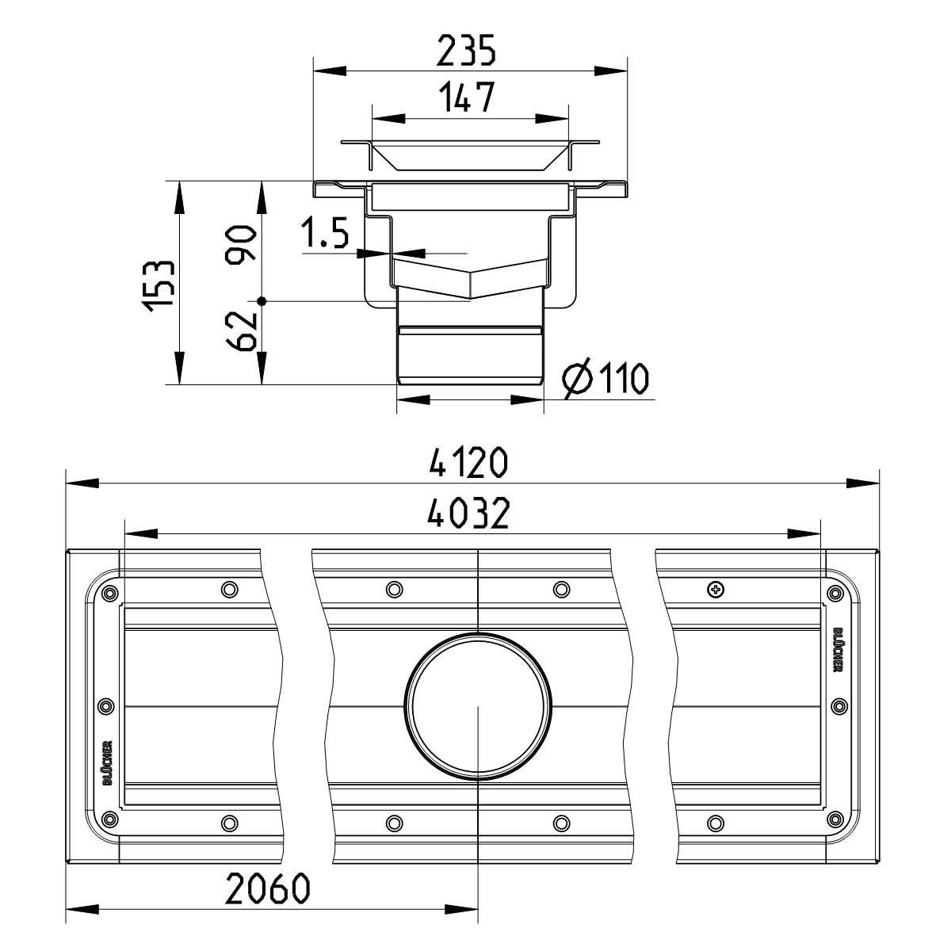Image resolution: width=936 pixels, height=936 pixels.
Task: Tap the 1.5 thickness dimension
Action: (x=325, y=235)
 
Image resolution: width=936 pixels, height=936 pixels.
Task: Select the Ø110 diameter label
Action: (x=606, y=380)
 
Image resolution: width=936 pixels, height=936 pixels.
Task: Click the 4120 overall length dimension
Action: (x=468, y=464)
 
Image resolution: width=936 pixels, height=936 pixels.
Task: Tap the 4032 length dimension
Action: (x=468, y=514)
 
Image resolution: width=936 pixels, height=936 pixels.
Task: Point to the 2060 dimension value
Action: (x=267, y=891)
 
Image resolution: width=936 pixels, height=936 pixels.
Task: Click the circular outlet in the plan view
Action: (x=478, y=707)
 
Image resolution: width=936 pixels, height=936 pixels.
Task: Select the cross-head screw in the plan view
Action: (x=716, y=589)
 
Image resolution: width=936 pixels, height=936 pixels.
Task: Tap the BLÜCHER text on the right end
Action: (x=837, y=650)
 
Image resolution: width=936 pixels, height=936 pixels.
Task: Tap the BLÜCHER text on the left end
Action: (x=108, y=762)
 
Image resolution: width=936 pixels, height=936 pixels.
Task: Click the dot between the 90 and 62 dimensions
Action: (x=262, y=301)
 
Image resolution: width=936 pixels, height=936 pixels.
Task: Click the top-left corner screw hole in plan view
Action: (x=109, y=592)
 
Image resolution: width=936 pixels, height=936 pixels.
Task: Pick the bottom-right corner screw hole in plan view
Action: (x=834, y=819)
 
